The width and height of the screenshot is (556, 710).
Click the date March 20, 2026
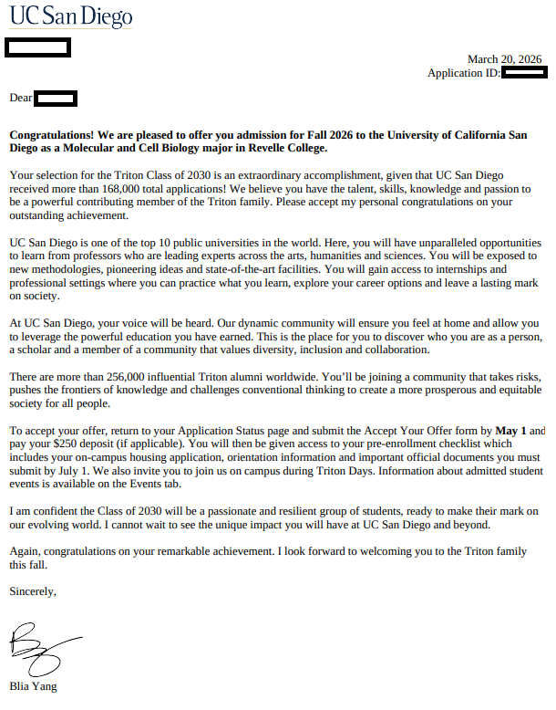tap(504, 59)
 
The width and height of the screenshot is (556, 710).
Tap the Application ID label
tap(463, 73)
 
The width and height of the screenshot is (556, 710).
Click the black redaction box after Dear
tap(57, 98)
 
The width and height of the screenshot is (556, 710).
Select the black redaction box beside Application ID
tap(522, 73)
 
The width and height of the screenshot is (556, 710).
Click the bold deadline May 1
tap(511, 430)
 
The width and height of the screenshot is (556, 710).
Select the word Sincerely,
tap(33, 591)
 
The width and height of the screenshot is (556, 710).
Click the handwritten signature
tap(41, 648)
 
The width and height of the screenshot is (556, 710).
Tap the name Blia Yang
tap(33, 686)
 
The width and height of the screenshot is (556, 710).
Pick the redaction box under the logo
tap(38, 47)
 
